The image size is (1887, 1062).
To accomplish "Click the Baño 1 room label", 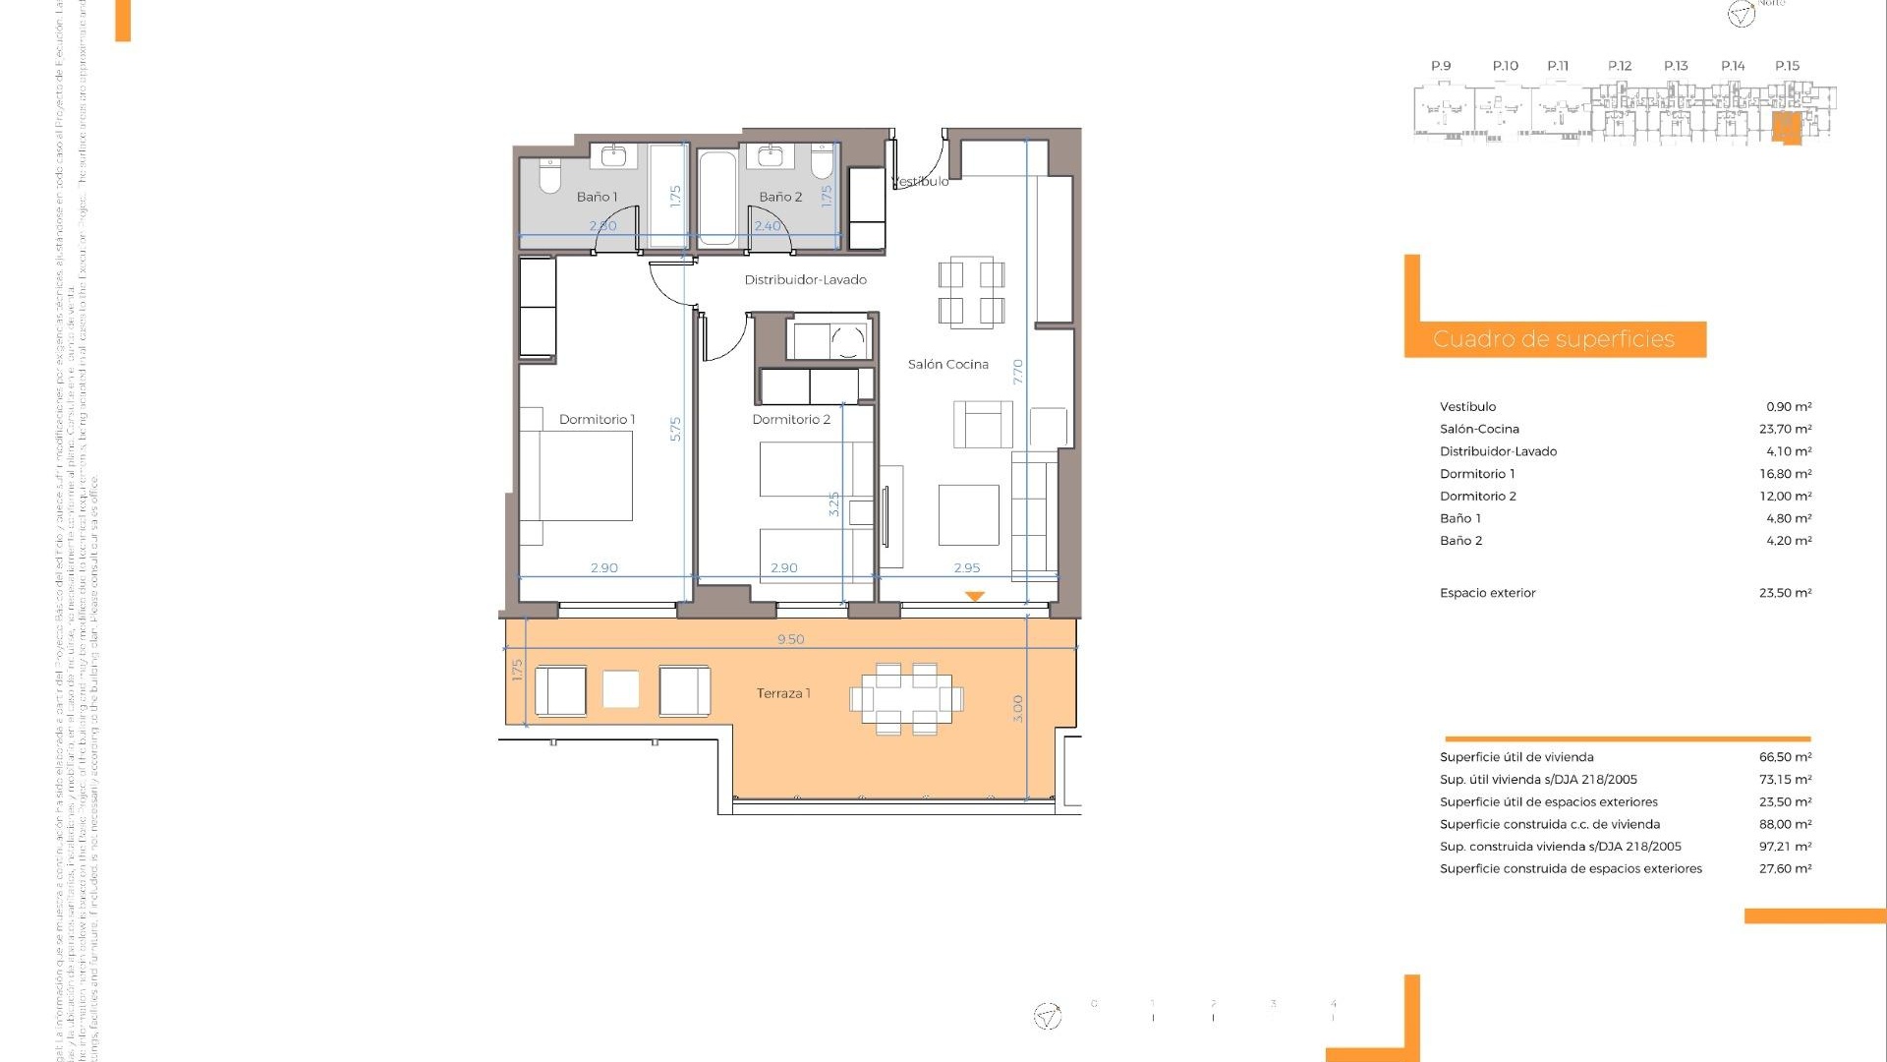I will (x=597, y=197).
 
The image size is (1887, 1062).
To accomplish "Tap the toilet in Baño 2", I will (x=822, y=163).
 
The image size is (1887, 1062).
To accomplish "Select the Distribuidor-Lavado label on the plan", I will (x=805, y=280).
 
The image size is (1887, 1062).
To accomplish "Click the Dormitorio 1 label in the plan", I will (x=597, y=420).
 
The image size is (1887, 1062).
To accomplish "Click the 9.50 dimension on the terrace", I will (x=790, y=639).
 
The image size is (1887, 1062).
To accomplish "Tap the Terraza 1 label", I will (x=783, y=693).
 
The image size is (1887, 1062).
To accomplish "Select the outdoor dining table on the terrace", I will (x=906, y=699).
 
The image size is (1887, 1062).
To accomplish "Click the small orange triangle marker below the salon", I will (x=974, y=596).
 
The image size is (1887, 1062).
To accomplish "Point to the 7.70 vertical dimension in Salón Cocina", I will (x=1018, y=371).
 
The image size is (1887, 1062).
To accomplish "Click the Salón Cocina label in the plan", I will (x=947, y=365).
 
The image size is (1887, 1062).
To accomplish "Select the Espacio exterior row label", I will (x=1487, y=593).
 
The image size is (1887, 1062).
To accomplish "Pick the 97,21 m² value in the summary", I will (x=1785, y=847).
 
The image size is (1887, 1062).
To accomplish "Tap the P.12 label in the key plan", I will (x=1620, y=66).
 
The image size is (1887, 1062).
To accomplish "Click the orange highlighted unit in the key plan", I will (x=1786, y=127).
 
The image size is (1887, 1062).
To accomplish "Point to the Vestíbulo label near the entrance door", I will (x=922, y=182).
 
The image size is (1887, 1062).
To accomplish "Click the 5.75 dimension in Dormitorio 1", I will (x=675, y=429).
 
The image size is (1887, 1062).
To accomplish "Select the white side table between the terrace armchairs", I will (x=620, y=689).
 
